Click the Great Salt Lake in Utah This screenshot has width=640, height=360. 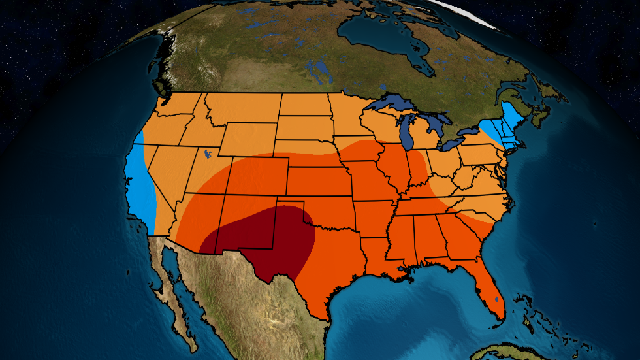click(x=207, y=154)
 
